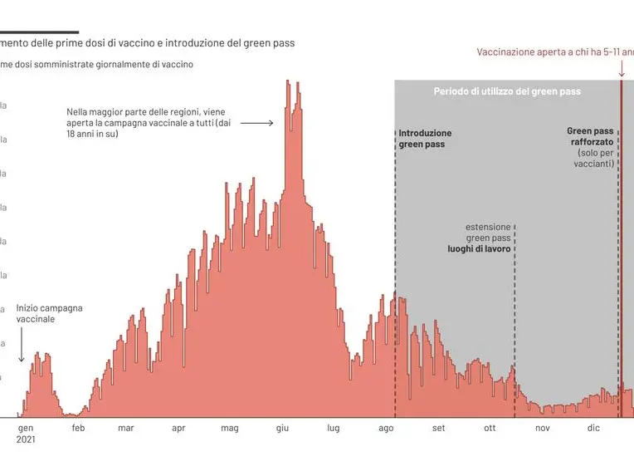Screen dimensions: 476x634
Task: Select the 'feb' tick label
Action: coord(78,429)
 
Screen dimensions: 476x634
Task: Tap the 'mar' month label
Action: coord(126,429)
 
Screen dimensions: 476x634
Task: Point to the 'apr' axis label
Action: coord(178,429)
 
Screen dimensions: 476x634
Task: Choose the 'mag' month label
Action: coord(230,429)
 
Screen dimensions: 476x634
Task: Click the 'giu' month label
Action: coord(282,429)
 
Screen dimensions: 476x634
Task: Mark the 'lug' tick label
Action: coord(334,429)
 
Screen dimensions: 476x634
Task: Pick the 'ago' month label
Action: coord(386,429)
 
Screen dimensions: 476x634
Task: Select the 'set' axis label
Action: coord(438,429)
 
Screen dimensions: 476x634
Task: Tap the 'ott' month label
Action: coord(490,429)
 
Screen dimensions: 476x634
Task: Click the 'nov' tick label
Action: coord(543,429)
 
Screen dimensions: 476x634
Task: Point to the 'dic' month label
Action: coord(593,429)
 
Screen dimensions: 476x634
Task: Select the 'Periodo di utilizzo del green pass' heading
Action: coord(507,91)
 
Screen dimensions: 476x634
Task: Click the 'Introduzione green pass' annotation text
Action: coord(425,138)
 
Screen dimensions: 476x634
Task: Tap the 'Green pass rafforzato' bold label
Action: coord(590,137)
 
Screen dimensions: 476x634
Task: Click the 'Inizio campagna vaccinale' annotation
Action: coord(49,313)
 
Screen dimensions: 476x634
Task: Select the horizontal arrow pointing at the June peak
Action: coord(259,123)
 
